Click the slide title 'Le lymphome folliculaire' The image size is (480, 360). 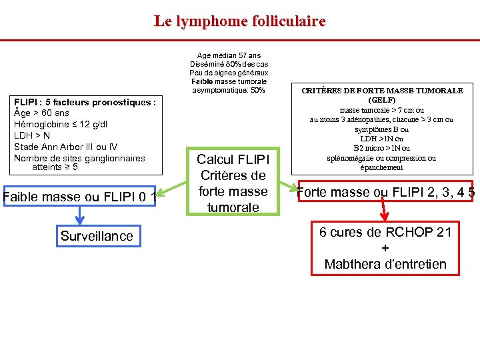tap(240, 21)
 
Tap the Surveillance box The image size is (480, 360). tap(97, 236)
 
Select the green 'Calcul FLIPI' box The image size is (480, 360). tap(233, 183)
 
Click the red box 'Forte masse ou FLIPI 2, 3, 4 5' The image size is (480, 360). tap(385, 192)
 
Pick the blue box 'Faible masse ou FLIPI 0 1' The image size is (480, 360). tap(79, 197)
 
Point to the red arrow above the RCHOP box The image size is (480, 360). tap(385, 210)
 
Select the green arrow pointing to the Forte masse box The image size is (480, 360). tap(283, 185)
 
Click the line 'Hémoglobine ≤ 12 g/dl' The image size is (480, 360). tap(61, 124)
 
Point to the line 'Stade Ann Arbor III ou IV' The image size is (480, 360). tap(66, 147)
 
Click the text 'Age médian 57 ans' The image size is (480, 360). tap(229, 56)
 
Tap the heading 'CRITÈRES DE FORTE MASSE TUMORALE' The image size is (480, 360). tap(382, 90)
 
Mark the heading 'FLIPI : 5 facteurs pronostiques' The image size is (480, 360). tap(85, 102)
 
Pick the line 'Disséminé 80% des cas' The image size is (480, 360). tap(229, 64)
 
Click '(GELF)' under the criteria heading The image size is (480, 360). tap(382, 99)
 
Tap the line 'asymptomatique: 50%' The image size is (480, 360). tap(229, 90)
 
